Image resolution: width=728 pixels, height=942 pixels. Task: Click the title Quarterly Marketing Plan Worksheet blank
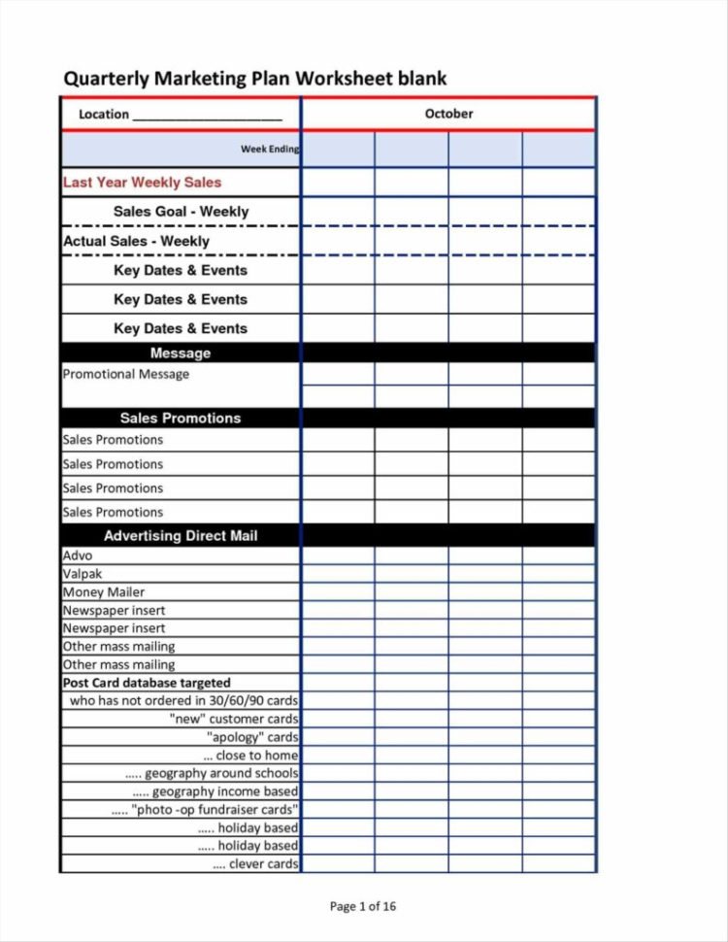(254, 79)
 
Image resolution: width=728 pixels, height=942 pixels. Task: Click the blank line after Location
(207, 116)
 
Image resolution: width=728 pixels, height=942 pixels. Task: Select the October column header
(448, 114)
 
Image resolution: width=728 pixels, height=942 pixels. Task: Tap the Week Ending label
(270, 150)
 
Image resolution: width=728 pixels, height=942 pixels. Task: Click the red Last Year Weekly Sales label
(142, 183)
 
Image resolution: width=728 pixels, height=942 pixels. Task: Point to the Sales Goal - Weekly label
(181, 212)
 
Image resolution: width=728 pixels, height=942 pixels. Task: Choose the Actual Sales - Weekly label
(136, 241)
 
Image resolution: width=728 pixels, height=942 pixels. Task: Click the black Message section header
(181, 353)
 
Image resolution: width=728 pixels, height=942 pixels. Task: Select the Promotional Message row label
(126, 375)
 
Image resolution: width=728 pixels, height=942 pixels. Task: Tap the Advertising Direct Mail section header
(181, 536)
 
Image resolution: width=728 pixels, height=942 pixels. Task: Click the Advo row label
(78, 555)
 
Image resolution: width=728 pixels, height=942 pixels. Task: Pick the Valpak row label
(83, 574)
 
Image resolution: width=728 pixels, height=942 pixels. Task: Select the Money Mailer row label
(104, 592)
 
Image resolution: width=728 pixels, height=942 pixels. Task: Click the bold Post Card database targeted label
(147, 683)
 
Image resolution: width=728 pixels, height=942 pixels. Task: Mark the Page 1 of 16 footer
(363, 907)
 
